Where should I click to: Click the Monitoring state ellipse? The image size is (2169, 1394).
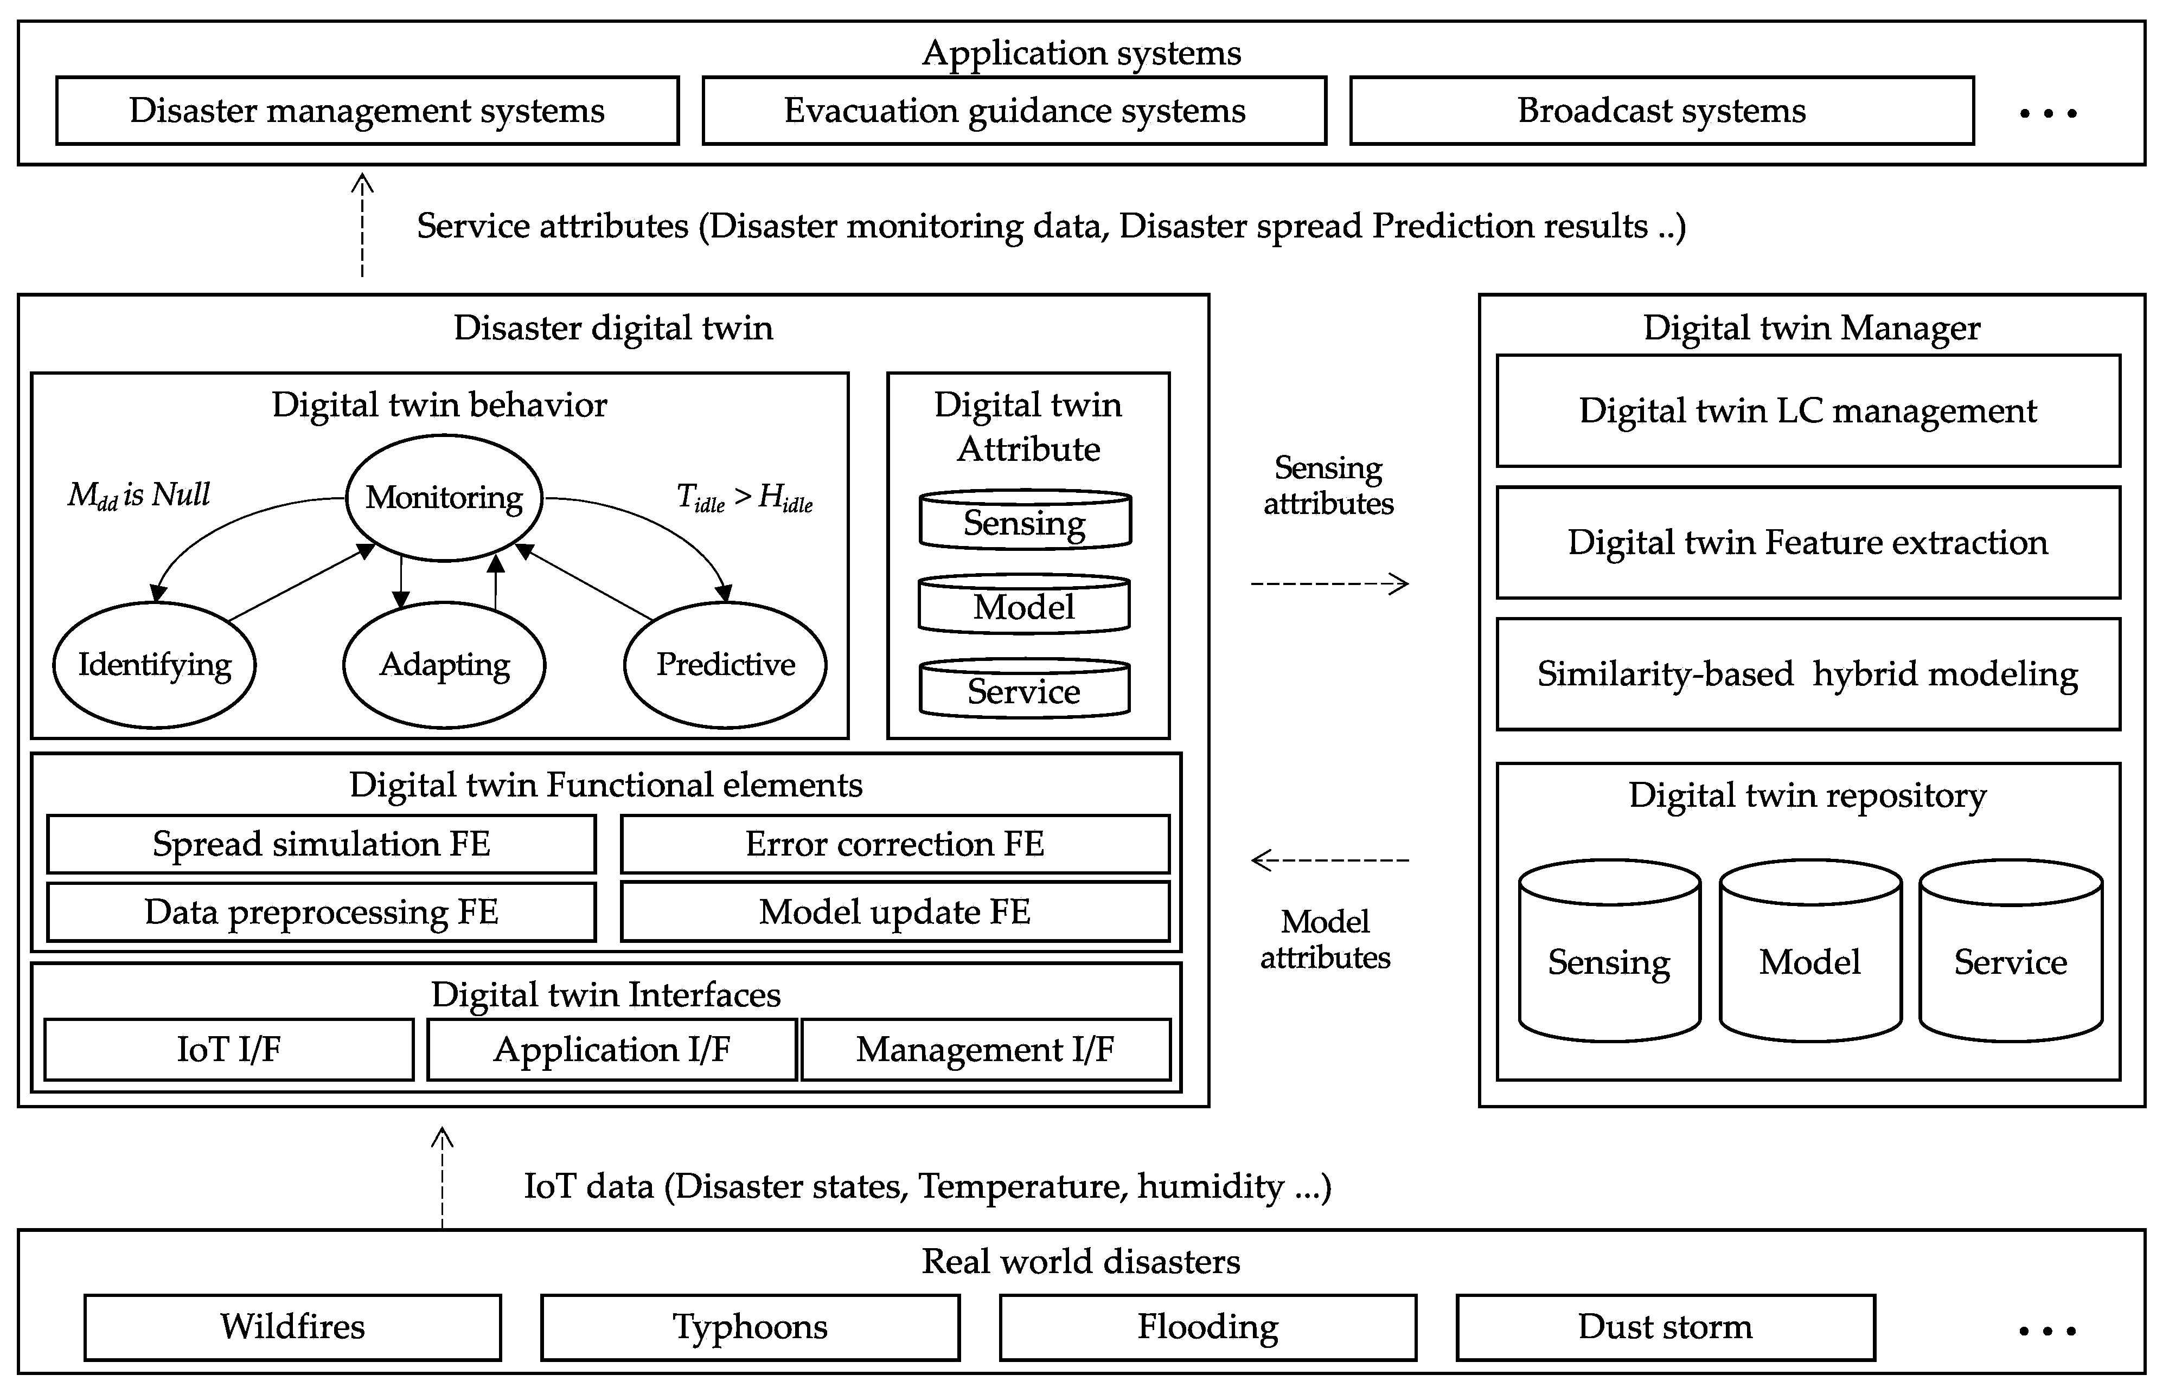444,498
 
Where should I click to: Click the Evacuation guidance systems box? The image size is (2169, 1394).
1014,111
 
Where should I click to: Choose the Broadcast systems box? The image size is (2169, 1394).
1661,111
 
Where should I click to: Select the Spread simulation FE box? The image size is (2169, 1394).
322,844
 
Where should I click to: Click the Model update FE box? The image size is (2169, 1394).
894,911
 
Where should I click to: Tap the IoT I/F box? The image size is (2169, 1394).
229,1049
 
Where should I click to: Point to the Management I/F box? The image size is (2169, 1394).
985,1049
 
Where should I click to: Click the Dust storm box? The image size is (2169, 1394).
1665,1327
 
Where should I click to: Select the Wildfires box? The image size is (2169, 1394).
292,1327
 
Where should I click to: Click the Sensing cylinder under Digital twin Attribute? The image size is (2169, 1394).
1025,522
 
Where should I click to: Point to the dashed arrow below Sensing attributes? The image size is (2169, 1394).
1329,584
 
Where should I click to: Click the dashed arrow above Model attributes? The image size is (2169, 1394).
1329,860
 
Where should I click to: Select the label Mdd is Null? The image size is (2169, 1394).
138,495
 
